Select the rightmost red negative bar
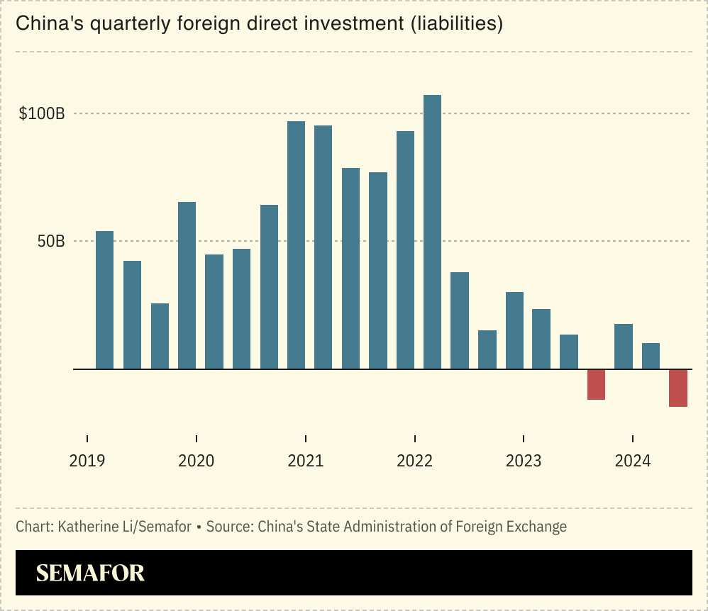678,388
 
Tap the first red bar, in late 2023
596,384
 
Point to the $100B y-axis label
42,113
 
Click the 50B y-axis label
50,241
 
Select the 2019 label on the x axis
87,461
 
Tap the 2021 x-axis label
305,461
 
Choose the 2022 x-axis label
414,461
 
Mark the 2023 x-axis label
524,461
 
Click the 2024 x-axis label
633,461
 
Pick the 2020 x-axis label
197,461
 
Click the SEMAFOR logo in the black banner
90,573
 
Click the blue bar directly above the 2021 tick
296,245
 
